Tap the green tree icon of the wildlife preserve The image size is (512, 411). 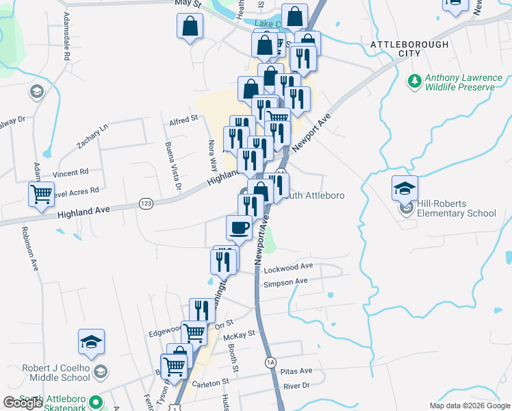click(x=413, y=82)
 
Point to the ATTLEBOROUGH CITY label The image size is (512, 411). click(x=409, y=49)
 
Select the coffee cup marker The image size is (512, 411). click(x=239, y=227)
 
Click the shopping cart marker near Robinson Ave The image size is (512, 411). click(x=42, y=194)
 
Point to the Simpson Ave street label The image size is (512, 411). click(x=285, y=282)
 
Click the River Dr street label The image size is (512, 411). click(x=296, y=386)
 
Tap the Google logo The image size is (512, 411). click(x=23, y=403)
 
